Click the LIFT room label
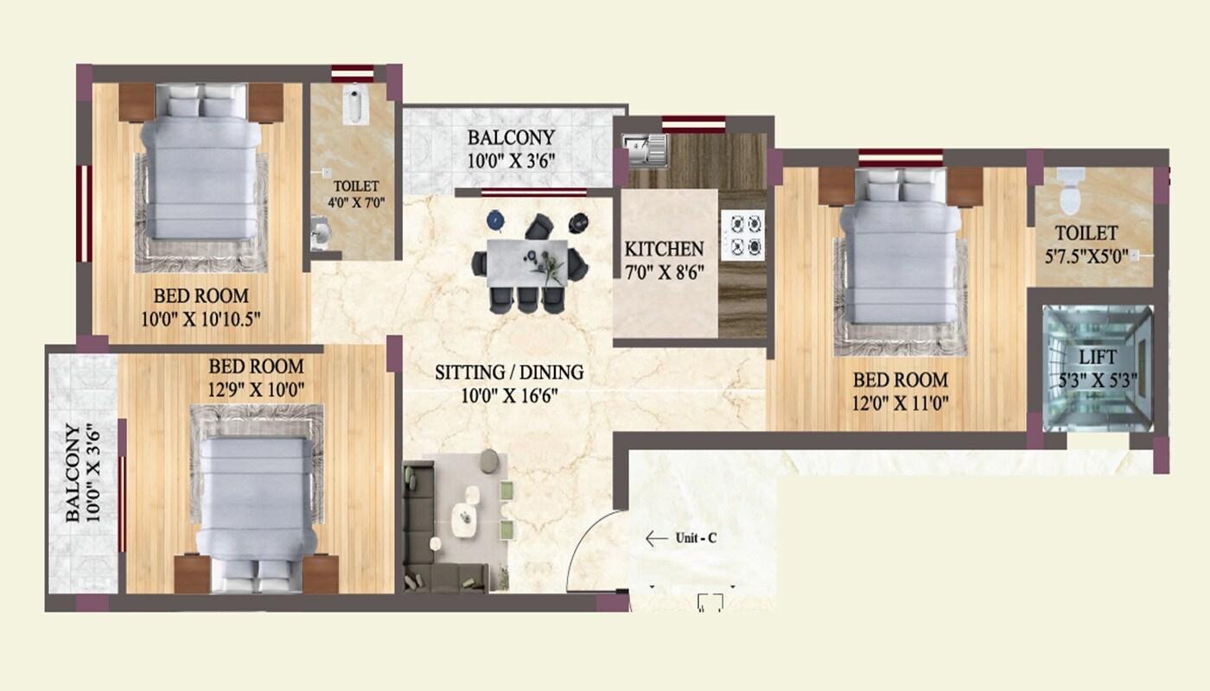tap(1098, 357)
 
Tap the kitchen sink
tap(646, 148)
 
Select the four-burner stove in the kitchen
tap(743, 236)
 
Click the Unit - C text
tap(695, 539)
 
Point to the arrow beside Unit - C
tap(656, 539)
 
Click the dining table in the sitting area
tap(527, 262)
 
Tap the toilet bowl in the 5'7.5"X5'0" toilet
tap(1069, 193)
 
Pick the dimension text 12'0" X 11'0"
tap(900, 402)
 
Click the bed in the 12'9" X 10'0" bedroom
tap(255, 505)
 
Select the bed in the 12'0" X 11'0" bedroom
tap(900, 250)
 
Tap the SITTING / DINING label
tap(508, 372)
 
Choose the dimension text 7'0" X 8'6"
tap(664, 272)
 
